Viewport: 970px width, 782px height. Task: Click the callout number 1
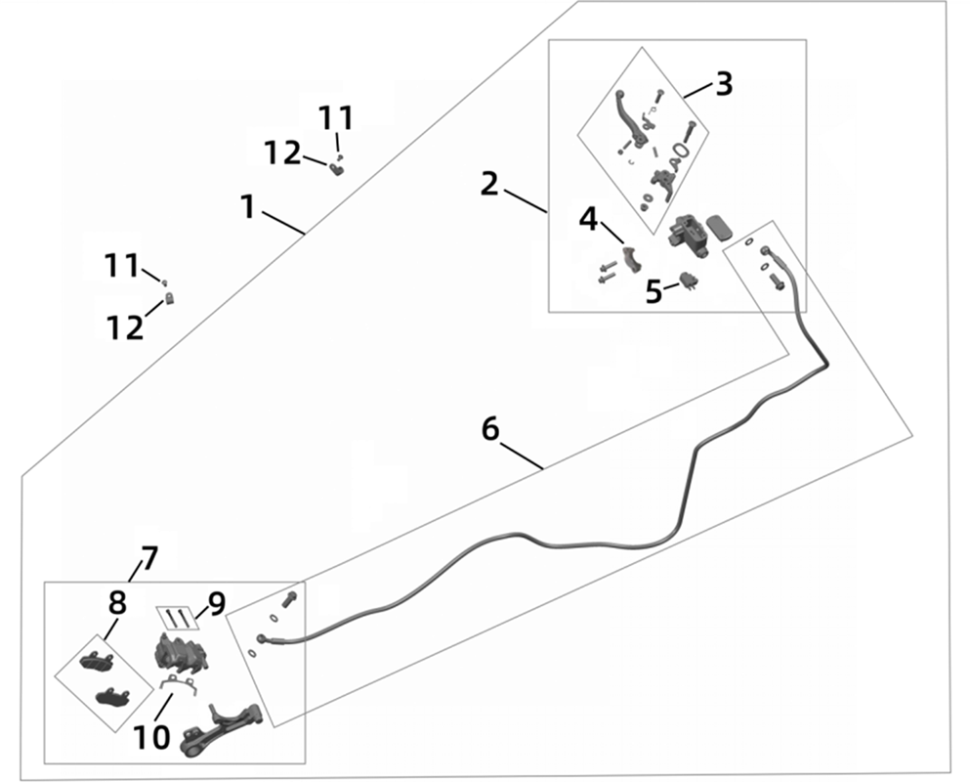click(x=248, y=206)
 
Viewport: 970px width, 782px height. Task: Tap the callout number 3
click(x=723, y=84)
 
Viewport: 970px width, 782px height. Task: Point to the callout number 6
click(x=490, y=429)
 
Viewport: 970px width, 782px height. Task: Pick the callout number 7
click(x=148, y=558)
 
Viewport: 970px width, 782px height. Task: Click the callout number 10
click(x=151, y=736)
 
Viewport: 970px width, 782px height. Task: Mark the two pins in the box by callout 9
click(x=177, y=619)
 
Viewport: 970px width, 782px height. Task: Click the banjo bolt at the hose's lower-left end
click(x=288, y=599)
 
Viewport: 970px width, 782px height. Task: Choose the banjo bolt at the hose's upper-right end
click(x=777, y=281)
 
